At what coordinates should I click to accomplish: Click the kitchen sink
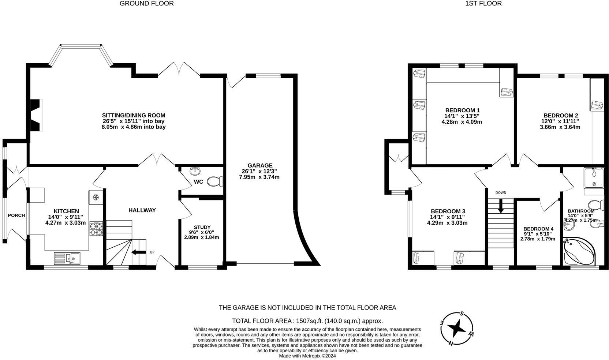pyautogui.click(x=67, y=258)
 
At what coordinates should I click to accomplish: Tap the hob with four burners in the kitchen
pyautogui.click(x=96, y=229)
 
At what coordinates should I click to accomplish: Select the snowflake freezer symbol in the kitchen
pyautogui.click(x=96, y=197)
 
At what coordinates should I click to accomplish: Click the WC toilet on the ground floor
pyautogui.click(x=215, y=181)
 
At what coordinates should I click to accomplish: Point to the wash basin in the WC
pyautogui.click(x=195, y=171)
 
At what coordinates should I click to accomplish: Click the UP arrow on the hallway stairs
pyautogui.click(x=139, y=252)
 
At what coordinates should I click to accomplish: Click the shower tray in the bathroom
pyautogui.click(x=594, y=178)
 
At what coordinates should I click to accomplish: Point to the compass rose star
pyautogui.click(x=457, y=329)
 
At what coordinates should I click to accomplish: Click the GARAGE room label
pyautogui.click(x=260, y=165)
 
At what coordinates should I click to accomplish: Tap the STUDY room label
pyautogui.click(x=202, y=227)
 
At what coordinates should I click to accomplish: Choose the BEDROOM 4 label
pyautogui.click(x=538, y=229)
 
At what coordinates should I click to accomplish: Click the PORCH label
pyautogui.click(x=16, y=215)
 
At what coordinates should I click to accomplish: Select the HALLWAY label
pyautogui.click(x=142, y=210)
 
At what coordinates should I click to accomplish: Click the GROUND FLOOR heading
pyautogui.click(x=146, y=4)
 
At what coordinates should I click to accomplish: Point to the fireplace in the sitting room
pyautogui.click(x=36, y=115)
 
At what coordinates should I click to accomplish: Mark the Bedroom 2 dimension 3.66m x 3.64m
pyautogui.click(x=560, y=127)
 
